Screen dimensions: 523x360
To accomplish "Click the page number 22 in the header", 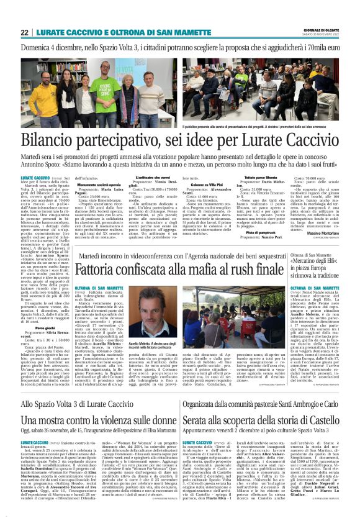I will [24, 32].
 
